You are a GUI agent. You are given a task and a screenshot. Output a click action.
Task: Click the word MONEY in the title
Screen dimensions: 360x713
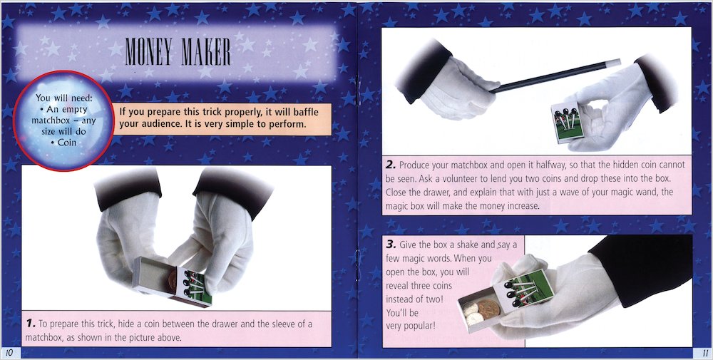tap(150, 51)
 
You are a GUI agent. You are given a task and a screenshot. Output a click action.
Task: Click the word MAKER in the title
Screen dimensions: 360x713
tap(204, 51)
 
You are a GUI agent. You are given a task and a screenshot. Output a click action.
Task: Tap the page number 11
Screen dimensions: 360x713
tap(703, 352)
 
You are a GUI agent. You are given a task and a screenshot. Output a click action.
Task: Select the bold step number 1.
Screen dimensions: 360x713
tap(29, 324)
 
